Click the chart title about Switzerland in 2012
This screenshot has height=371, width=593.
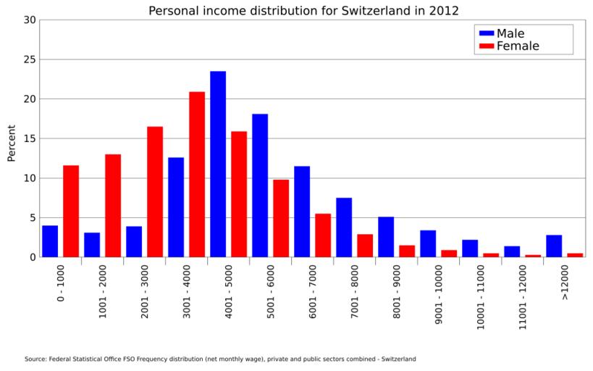point(303,10)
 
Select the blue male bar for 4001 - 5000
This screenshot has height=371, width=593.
point(218,164)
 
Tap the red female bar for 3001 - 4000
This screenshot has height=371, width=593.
point(197,175)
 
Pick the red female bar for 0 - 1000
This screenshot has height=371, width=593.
point(71,212)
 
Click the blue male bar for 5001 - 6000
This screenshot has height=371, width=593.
point(260,185)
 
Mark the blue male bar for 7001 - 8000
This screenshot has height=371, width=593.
point(344,228)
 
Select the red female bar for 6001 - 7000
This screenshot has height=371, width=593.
point(323,235)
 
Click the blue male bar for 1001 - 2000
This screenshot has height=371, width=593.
point(92,245)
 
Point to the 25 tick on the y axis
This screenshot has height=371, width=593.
point(29,59)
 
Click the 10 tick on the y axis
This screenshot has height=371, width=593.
point(29,178)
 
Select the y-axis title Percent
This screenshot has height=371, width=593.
point(11,143)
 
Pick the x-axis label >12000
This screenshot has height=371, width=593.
point(564,282)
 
